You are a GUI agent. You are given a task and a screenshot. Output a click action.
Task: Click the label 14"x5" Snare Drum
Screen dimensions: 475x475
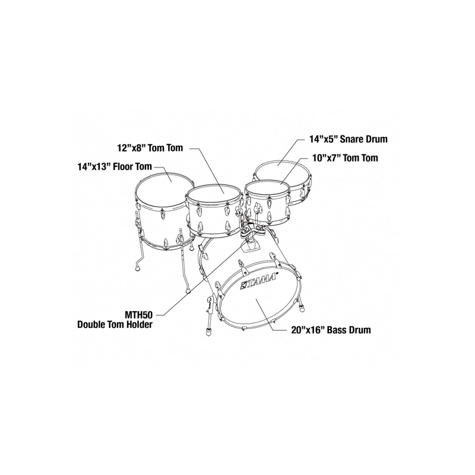tap(348, 139)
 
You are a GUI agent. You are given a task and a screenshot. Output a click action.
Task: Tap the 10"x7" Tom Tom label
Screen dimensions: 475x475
tap(346, 158)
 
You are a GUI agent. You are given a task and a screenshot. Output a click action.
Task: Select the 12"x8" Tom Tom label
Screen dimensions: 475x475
tap(150, 148)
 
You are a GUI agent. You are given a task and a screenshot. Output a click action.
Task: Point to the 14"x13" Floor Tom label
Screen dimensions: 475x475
tap(115, 167)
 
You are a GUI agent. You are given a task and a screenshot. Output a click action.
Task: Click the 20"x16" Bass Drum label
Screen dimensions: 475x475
tap(331, 330)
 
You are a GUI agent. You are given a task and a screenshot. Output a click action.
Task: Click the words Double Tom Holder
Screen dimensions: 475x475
tap(115, 325)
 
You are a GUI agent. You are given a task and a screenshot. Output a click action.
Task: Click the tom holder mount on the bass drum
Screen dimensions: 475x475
tap(250, 243)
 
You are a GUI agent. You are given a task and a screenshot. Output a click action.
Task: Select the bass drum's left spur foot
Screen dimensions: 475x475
tap(208, 331)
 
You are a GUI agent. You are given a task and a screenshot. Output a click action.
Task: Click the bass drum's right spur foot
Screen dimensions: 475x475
tap(302, 308)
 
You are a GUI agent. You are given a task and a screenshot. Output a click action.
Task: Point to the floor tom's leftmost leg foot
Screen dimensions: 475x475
tap(138, 268)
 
